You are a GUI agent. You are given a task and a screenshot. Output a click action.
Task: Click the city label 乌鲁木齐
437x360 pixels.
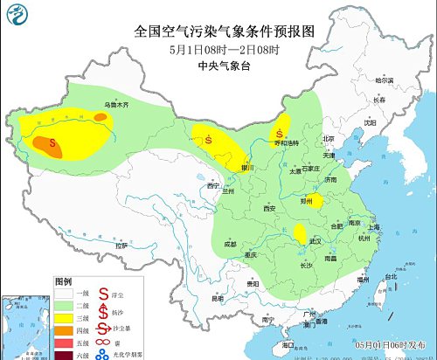pos(117,104)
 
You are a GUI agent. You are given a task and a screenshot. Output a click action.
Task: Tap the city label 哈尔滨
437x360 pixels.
pos(385,80)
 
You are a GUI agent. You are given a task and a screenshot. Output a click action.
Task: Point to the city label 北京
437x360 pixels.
pos(329,138)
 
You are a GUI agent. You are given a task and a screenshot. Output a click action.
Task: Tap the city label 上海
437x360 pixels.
pos(376,226)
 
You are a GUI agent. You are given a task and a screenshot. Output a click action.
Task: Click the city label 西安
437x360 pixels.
pos(269,208)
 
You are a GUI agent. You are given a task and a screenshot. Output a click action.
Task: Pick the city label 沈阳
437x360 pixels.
pos(371,122)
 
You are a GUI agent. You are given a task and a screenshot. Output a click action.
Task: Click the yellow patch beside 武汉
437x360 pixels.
pos(300,232)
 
